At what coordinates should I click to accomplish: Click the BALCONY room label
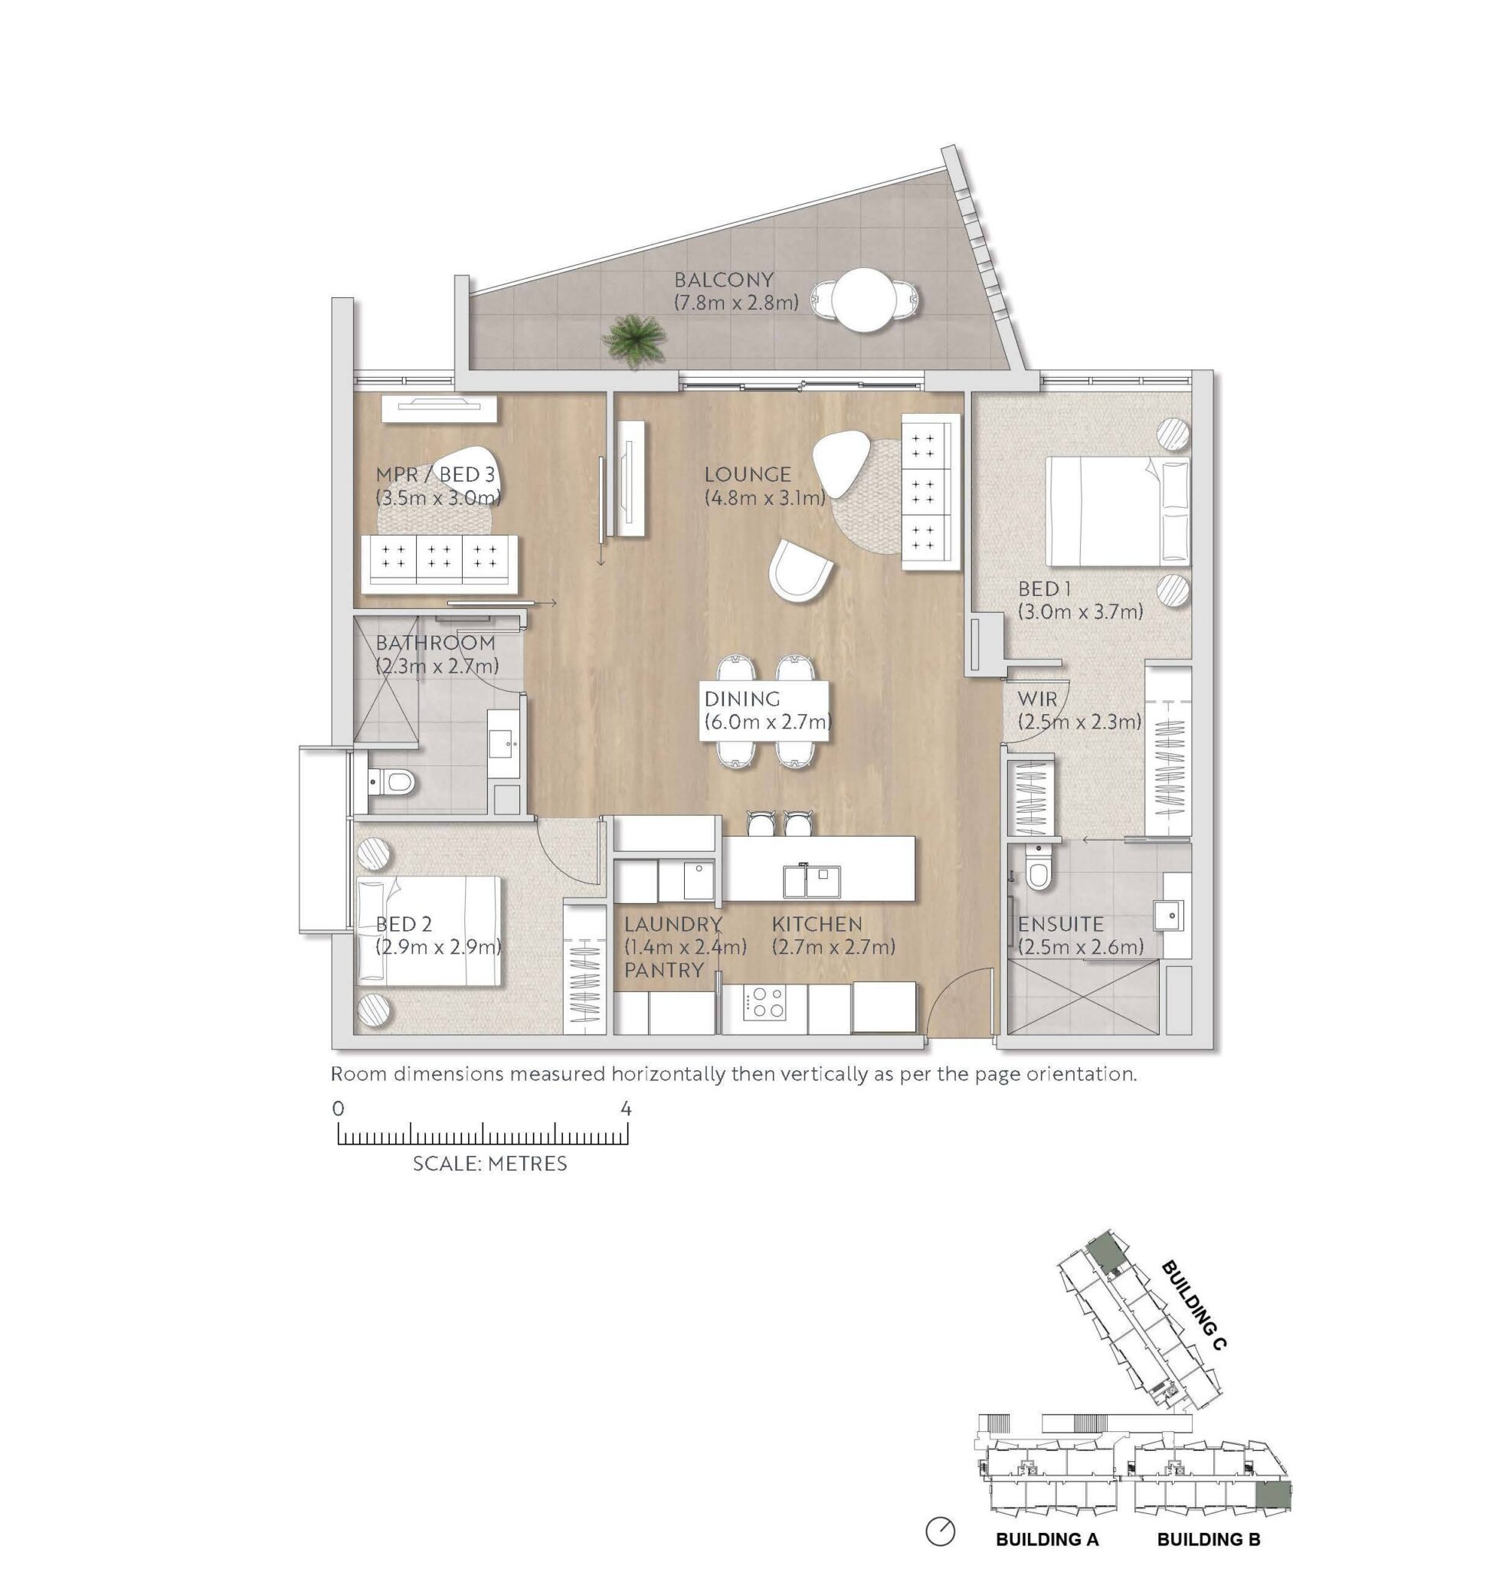pyautogui.click(x=724, y=280)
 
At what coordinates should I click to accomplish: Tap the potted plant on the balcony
pyautogui.click(x=635, y=340)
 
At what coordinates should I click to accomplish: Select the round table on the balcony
pyautogui.click(x=862, y=299)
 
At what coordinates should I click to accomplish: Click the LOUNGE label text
pyautogui.click(x=748, y=474)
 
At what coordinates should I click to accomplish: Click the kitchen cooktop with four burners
pyautogui.click(x=764, y=1001)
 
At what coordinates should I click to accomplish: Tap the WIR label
pyautogui.click(x=1036, y=699)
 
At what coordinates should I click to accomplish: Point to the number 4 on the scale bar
pyautogui.click(x=626, y=1109)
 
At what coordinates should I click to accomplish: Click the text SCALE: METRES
pyautogui.click(x=490, y=1163)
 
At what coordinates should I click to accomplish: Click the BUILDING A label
pyautogui.click(x=1047, y=1538)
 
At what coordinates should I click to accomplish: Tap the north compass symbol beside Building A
pyautogui.click(x=940, y=1531)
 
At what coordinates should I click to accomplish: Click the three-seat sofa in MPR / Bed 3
pyautogui.click(x=440, y=564)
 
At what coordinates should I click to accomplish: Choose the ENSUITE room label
pyautogui.click(x=1060, y=924)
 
